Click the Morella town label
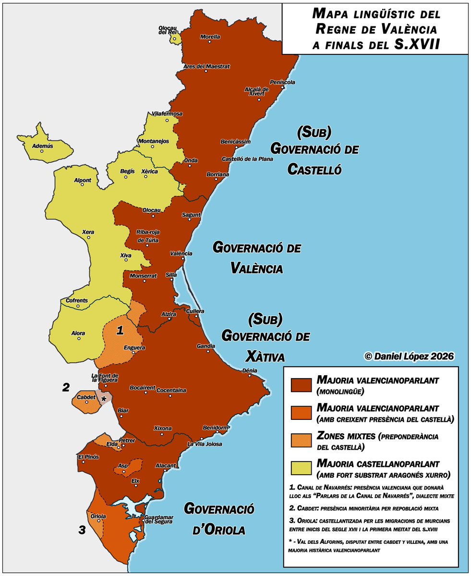tap(210, 37)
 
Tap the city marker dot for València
tap(183, 259)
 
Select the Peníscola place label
tap(282, 82)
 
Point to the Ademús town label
tap(42, 145)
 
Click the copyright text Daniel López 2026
tap(409, 356)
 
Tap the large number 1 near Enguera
tap(121, 330)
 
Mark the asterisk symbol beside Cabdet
tap(103, 398)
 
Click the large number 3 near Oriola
tap(82, 530)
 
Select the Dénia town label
tap(250, 370)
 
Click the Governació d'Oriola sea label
tap(219, 519)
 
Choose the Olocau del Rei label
tap(169, 30)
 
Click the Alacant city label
tap(166, 466)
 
